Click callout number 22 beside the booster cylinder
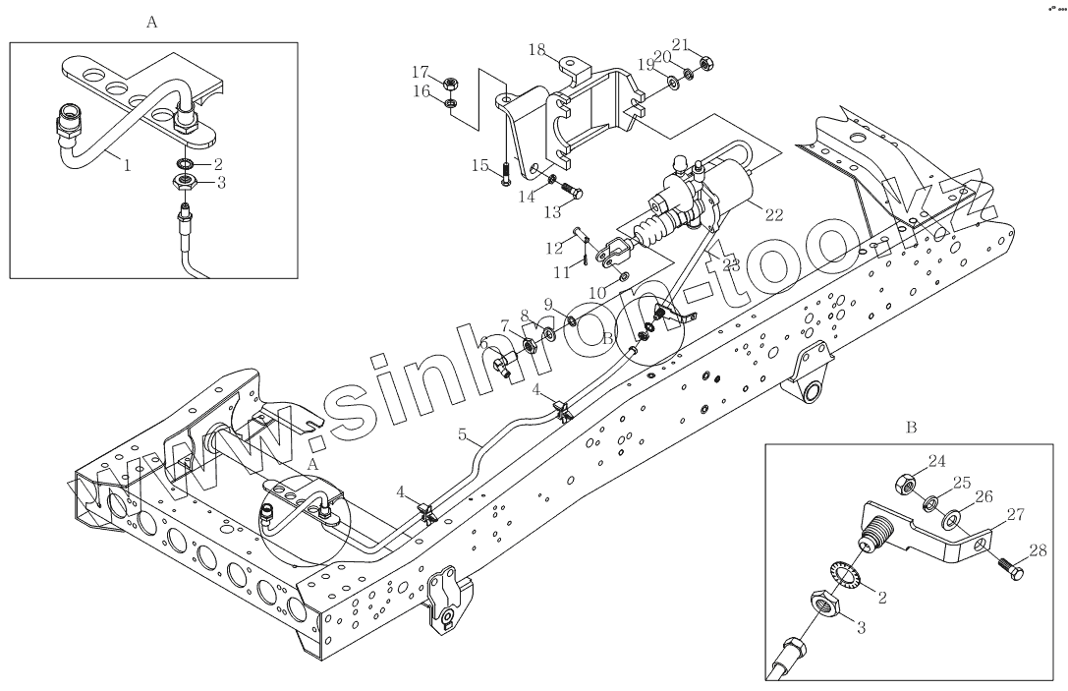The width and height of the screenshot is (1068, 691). [x=773, y=215]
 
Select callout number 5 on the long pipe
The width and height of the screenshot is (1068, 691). [x=463, y=433]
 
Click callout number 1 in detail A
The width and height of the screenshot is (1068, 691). [x=127, y=165]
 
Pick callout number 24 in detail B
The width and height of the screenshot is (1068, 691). [x=936, y=460]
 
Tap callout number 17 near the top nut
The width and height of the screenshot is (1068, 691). [x=421, y=71]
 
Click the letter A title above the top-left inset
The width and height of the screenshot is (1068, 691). [x=151, y=23]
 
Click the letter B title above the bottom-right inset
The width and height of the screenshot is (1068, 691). [x=911, y=429]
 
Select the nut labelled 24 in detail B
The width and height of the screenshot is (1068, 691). [x=905, y=485]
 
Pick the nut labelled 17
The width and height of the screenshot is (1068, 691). [x=448, y=82]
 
